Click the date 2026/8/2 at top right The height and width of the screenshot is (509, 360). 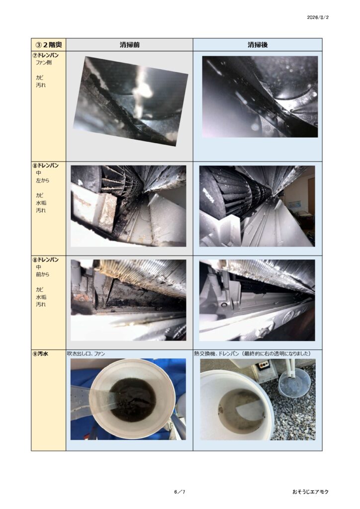[317, 17]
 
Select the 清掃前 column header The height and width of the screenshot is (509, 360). [129, 45]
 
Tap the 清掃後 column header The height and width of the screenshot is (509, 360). [258, 45]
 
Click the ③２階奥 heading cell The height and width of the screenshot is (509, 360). [49, 44]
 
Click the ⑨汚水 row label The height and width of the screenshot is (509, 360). [40, 353]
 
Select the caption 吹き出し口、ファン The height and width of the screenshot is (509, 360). [86, 353]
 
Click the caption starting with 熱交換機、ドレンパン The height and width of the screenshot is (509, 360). [252, 353]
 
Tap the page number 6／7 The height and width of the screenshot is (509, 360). [180, 492]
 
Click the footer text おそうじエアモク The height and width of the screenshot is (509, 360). [310, 492]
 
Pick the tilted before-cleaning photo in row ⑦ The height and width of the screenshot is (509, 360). [130, 101]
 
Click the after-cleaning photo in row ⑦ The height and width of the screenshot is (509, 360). [260, 97]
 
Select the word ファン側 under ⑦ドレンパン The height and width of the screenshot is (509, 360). [43, 63]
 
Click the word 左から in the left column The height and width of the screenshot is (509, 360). [43, 180]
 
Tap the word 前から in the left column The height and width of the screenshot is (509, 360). [43, 274]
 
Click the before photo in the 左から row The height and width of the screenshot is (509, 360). [129, 206]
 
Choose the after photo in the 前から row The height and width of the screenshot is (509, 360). [257, 300]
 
